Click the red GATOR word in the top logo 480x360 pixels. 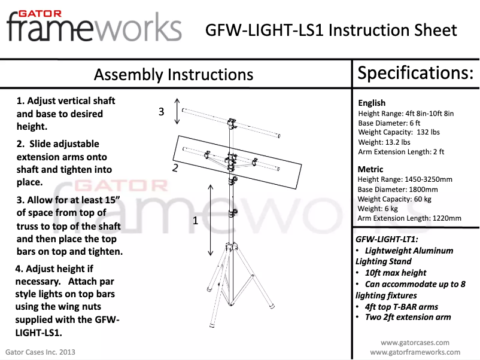[38, 12]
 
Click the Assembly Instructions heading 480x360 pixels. [174, 75]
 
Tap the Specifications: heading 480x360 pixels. [415, 73]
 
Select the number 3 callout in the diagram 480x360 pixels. [161, 111]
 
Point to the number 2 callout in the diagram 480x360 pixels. [175, 168]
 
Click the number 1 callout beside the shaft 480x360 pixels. [195, 221]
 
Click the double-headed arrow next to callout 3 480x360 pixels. [177, 111]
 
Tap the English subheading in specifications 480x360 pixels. [372, 103]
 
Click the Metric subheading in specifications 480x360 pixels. [370, 169]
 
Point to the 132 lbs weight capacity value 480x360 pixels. [427, 132]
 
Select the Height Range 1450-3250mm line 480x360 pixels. [405, 179]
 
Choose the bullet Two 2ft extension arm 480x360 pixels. [408, 317]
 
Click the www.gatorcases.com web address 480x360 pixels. [415, 343]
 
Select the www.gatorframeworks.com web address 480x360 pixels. [415, 352]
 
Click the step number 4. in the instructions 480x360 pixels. [20, 269]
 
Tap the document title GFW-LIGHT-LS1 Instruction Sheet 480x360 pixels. [331, 30]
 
